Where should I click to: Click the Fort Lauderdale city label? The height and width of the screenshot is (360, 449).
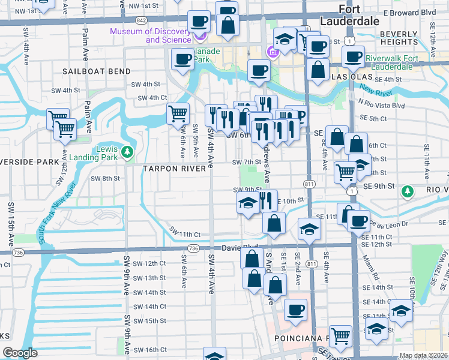(359, 14)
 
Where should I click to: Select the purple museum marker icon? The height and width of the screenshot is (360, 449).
(200, 35)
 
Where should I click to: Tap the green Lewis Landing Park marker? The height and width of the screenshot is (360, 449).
(127, 152)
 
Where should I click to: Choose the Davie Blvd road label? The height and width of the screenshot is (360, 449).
(240, 247)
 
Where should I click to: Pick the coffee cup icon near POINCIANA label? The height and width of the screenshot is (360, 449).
(295, 310)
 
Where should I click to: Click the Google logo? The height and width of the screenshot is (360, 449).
(20, 353)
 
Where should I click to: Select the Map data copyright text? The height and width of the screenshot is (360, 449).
(423, 355)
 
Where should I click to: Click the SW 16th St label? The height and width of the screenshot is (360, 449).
(149, 350)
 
